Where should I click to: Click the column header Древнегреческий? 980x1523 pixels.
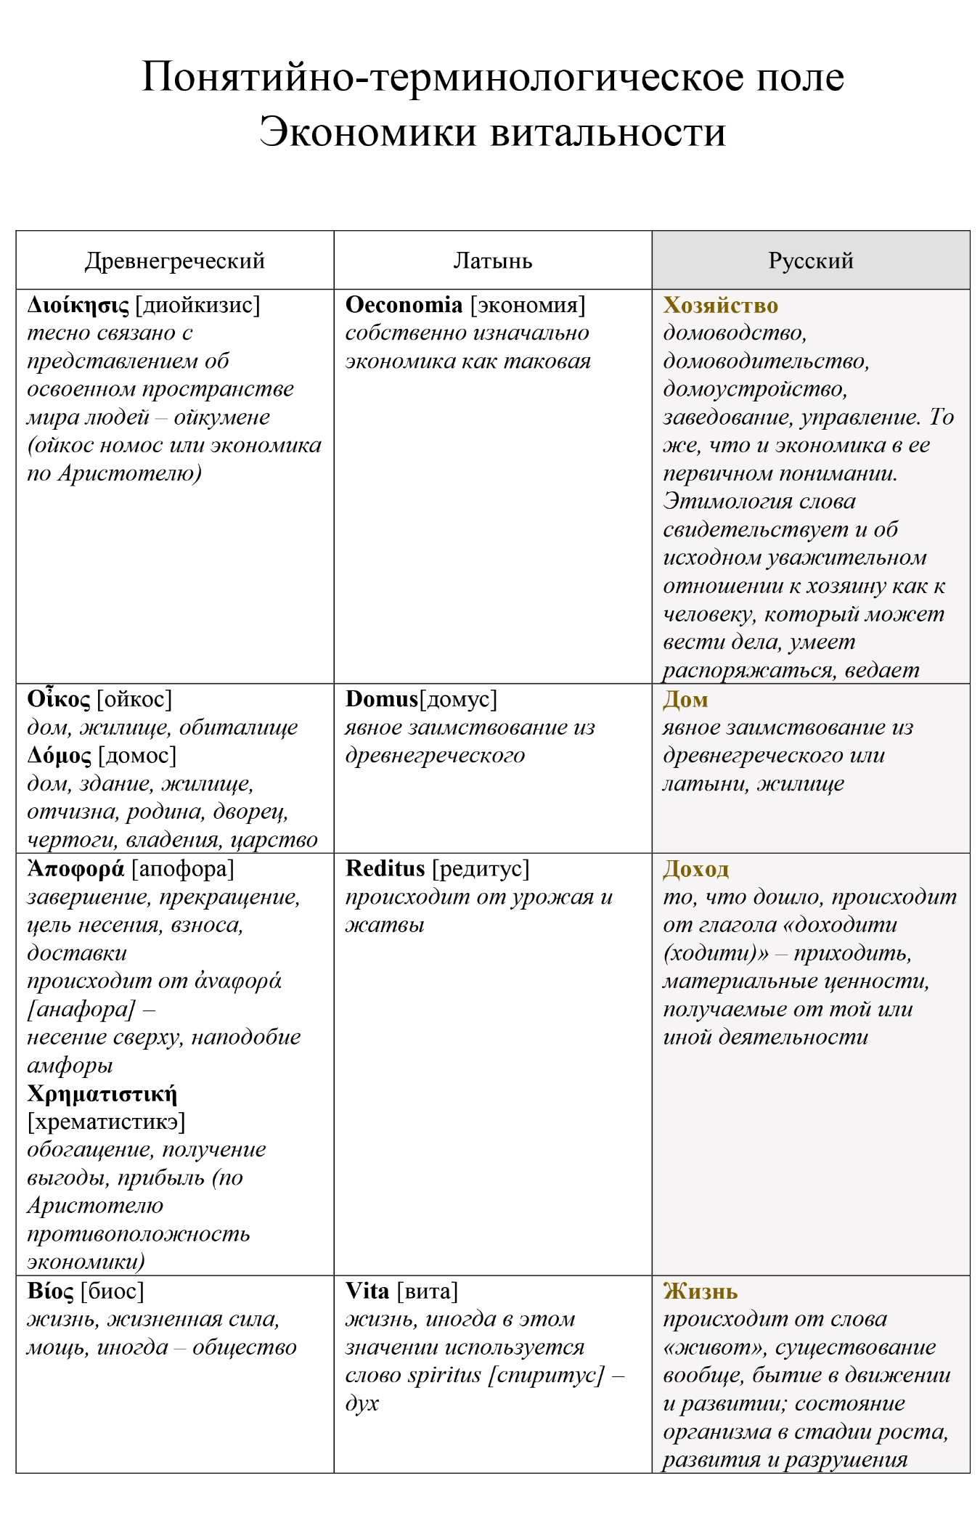[174, 261]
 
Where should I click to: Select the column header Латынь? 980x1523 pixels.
[492, 261]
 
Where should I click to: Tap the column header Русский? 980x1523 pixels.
[810, 261]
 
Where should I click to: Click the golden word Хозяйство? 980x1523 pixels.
[720, 306]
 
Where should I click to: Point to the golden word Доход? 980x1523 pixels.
[695, 869]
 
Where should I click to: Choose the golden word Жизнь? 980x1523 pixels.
[700, 1291]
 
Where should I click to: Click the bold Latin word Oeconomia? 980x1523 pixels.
[404, 305]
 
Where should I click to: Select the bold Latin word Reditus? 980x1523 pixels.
[385, 868]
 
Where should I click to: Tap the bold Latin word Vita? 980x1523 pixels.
[367, 1291]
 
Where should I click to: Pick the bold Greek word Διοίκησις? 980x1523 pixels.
[78, 306]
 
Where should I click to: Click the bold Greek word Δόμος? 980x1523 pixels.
[60, 756]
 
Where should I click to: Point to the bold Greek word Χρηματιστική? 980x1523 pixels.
[102, 1094]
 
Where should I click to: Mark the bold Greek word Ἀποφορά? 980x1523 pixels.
[75, 869]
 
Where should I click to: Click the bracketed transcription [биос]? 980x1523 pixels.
[113, 1291]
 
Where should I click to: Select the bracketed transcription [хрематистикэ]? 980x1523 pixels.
[106, 1122]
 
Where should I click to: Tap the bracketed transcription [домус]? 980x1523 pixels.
[459, 700]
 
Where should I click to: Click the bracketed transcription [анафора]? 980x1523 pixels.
[81, 1010]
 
